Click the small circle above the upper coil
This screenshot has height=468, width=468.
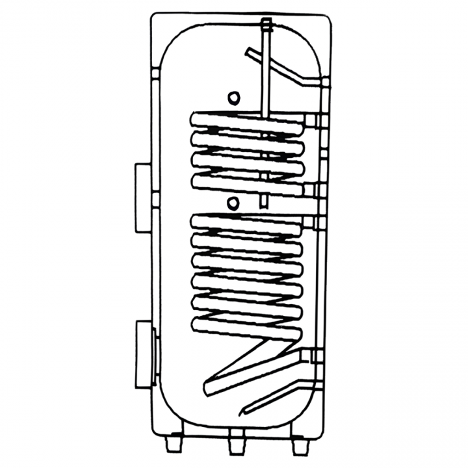tap(233, 98)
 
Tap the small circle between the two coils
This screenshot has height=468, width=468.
tap(233, 204)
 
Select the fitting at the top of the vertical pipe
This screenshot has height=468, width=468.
tap(266, 27)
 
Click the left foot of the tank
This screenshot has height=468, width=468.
tap(174, 444)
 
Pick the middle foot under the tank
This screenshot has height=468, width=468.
tap(235, 445)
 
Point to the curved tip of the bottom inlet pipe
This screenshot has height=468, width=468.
tap(245, 410)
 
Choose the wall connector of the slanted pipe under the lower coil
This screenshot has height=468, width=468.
tap(315, 356)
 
